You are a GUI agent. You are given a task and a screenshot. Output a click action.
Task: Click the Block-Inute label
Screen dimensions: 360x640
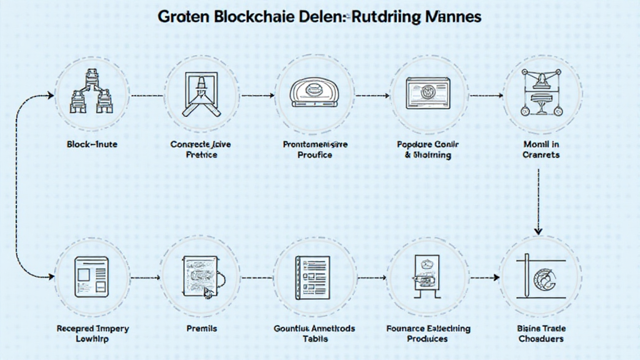92,144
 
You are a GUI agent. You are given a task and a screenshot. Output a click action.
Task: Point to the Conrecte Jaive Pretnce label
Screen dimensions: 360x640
201,149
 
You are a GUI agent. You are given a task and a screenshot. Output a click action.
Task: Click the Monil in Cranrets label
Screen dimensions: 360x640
541,149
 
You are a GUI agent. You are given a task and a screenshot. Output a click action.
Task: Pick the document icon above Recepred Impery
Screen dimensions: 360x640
92,276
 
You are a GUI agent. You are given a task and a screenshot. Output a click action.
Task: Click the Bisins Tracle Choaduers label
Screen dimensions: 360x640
541,333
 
